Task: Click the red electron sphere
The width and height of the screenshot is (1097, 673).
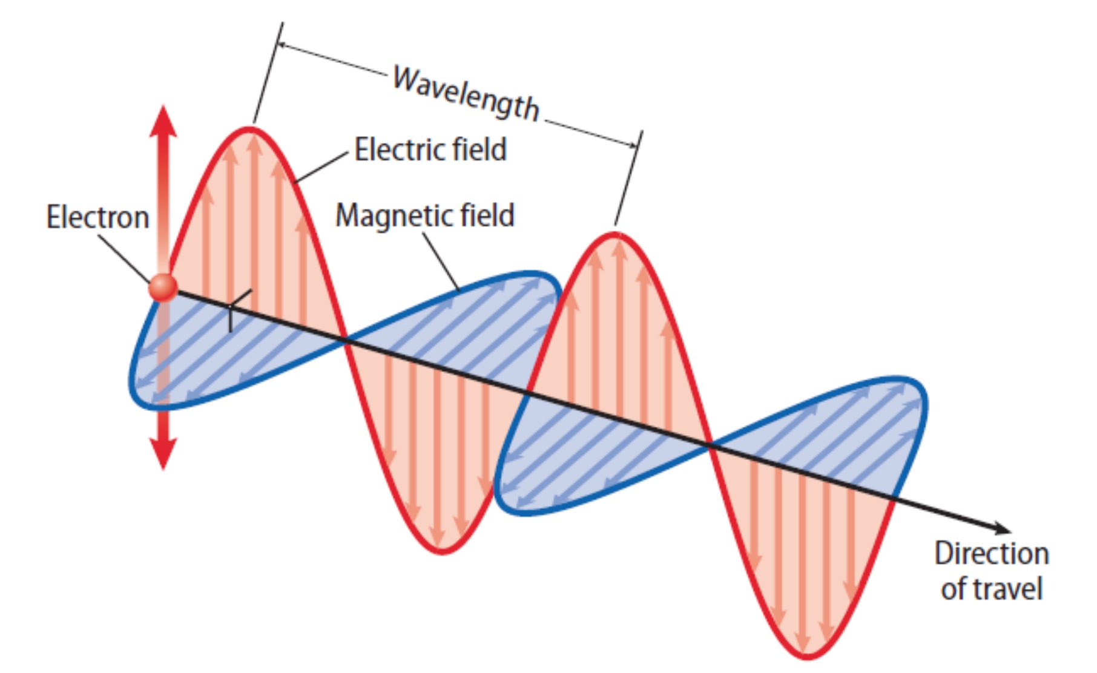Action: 163,287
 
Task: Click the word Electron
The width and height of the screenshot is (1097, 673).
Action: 98,217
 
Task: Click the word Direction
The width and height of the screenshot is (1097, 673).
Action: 992,553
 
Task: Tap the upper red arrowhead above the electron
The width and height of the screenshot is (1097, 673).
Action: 163,121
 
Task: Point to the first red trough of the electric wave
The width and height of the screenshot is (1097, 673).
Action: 443,550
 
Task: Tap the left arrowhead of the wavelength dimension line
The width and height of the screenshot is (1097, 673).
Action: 285,47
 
